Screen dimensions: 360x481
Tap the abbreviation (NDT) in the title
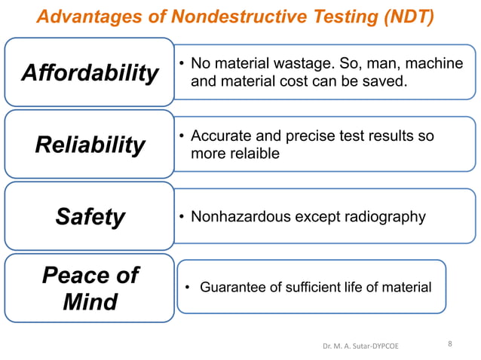click(x=404, y=16)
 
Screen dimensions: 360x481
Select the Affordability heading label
click(x=90, y=73)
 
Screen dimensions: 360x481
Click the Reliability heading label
click(x=90, y=145)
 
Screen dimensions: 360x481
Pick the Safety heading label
click(x=90, y=217)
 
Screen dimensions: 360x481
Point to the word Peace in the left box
click(x=90, y=275)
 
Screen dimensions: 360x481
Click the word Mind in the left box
click(x=90, y=302)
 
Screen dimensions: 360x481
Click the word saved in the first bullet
click(x=388, y=81)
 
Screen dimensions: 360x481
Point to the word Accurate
click(x=220, y=136)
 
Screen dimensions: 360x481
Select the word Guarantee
click(x=232, y=287)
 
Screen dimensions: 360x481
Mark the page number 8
click(x=450, y=344)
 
